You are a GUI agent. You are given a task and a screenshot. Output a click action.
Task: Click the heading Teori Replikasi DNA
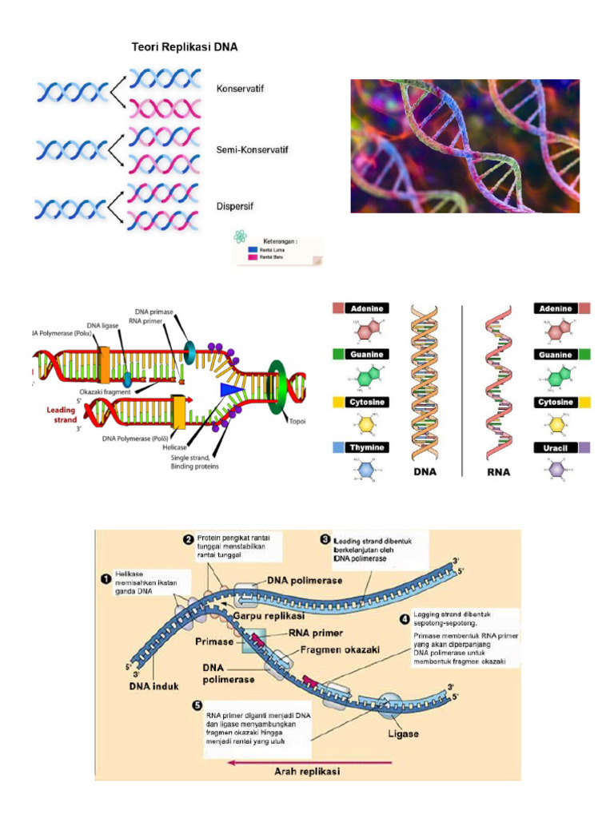pos(185,47)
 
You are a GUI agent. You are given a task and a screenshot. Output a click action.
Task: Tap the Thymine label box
pos(366,448)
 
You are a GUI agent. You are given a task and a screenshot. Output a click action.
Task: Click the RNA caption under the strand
pos(498,472)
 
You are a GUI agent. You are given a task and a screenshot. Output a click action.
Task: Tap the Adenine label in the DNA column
pos(366,308)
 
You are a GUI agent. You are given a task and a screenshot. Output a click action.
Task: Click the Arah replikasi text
pos(307,771)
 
